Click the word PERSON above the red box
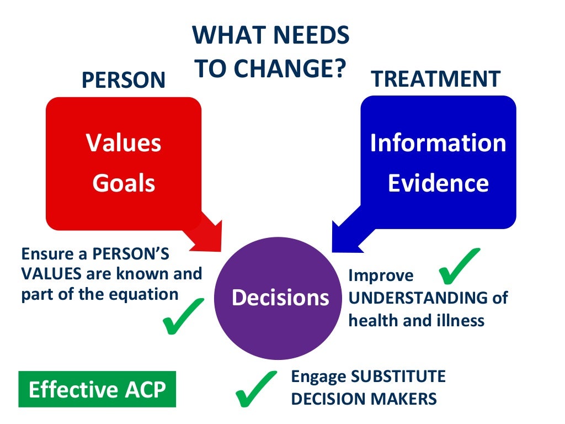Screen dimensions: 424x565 pos(123,80)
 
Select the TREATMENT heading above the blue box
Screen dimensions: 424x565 pos(436,79)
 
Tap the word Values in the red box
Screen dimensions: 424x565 pos(124,143)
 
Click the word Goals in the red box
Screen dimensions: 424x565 pos(124,183)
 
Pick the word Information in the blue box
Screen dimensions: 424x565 pos(438,143)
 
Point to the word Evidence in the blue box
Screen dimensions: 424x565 pos(438,183)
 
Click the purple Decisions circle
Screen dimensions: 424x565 pos(280,298)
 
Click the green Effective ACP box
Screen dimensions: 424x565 pos(97,389)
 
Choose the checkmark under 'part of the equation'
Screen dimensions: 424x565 pos(183,316)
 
